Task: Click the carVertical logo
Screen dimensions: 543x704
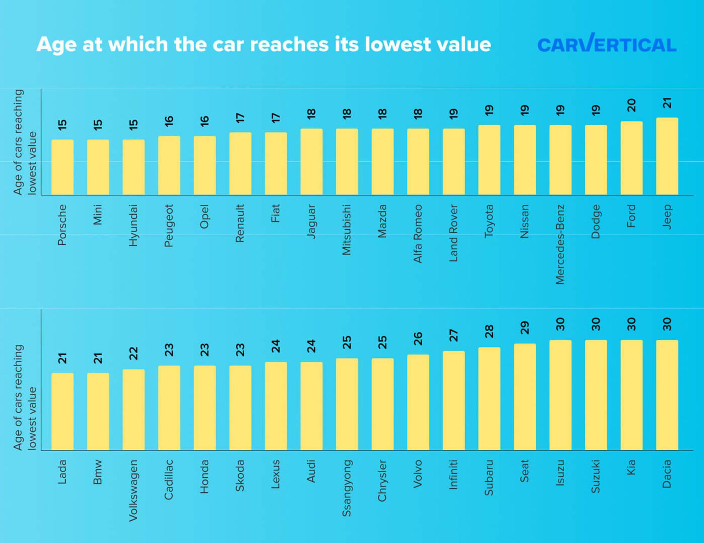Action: click(606, 44)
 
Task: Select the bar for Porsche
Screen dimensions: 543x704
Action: click(62, 167)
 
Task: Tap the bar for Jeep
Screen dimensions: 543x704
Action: click(667, 156)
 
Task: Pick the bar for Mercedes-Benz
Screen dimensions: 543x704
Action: click(560, 160)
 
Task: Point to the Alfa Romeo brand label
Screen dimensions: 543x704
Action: click(418, 234)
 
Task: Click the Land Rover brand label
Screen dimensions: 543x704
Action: click(453, 233)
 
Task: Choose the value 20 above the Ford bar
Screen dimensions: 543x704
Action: click(631, 106)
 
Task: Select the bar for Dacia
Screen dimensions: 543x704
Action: click(667, 395)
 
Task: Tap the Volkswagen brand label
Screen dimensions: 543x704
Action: click(133, 491)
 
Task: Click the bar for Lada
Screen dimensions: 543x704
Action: click(62, 412)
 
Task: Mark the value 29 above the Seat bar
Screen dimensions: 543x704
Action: click(524, 328)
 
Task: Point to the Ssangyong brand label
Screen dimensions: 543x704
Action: click(346, 488)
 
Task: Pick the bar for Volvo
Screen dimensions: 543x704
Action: click(418, 402)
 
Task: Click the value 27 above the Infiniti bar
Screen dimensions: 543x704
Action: click(453, 335)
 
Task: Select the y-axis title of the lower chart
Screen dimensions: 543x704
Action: click(25, 397)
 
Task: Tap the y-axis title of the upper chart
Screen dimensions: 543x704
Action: click(25, 142)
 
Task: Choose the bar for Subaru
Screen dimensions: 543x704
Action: click(489, 399)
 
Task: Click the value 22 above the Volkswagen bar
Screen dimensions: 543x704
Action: click(133, 353)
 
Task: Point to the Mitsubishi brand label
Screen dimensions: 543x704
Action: click(346, 230)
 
